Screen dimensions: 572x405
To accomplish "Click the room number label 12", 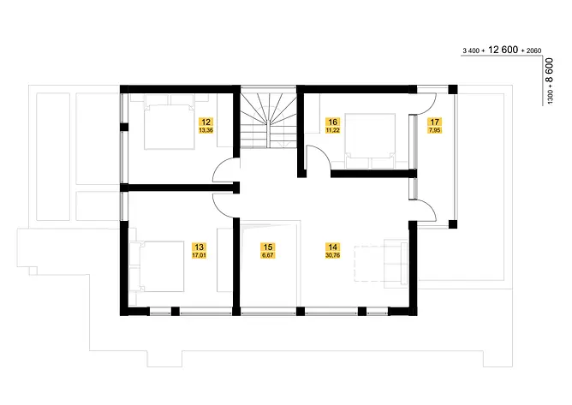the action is [x=206, y=122].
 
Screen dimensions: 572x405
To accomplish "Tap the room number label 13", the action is [x=200, y=247].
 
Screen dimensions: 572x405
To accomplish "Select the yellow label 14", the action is [x=333, y=247].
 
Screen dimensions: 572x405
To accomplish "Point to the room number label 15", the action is [x=268, y=247].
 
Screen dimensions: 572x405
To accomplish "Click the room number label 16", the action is [x=333, y=122].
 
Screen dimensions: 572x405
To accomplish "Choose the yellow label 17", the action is [x=434, y=122].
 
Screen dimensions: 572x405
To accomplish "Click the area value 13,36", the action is [x=206, y=130].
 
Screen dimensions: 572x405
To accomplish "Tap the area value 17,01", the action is [x=200, y=255].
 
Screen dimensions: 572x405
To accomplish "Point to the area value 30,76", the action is [x=333, y=255].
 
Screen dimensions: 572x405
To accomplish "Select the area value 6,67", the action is [x=268, y=255].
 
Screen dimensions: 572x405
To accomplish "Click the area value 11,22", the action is [x=333, y=130].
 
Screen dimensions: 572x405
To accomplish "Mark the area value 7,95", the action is [x=434, y=130].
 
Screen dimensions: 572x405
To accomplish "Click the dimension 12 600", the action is [x=503, y=50].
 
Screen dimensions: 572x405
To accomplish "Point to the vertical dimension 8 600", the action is [x=550, y=71].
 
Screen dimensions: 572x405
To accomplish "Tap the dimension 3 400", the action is [x=471, y=51].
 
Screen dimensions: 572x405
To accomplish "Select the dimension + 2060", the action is [x=532, y=51].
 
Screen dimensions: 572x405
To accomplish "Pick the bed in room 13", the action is [x=157, y=266].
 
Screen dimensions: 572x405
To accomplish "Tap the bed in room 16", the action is [x=370, y=141].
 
